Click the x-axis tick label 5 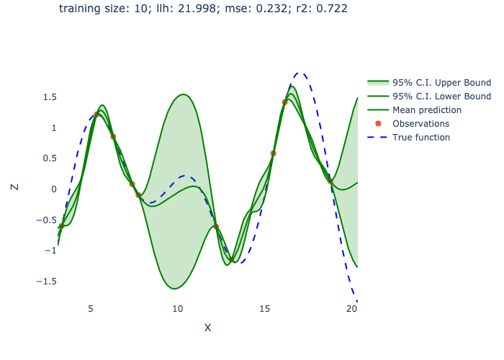(x=91, y=308)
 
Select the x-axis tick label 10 (x=178, y=308)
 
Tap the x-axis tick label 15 (x=265, y=308)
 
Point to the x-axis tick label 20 (x=351, y=308)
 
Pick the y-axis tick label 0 (x=53, y=189)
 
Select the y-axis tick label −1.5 (x=46, y=282)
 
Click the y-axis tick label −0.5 (x=46, y=220)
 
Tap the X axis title (x=207, y=328)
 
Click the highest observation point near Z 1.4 (x=284, y=102)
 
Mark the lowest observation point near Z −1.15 (x=231, y=259)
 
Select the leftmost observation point (x=61, y=226)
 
